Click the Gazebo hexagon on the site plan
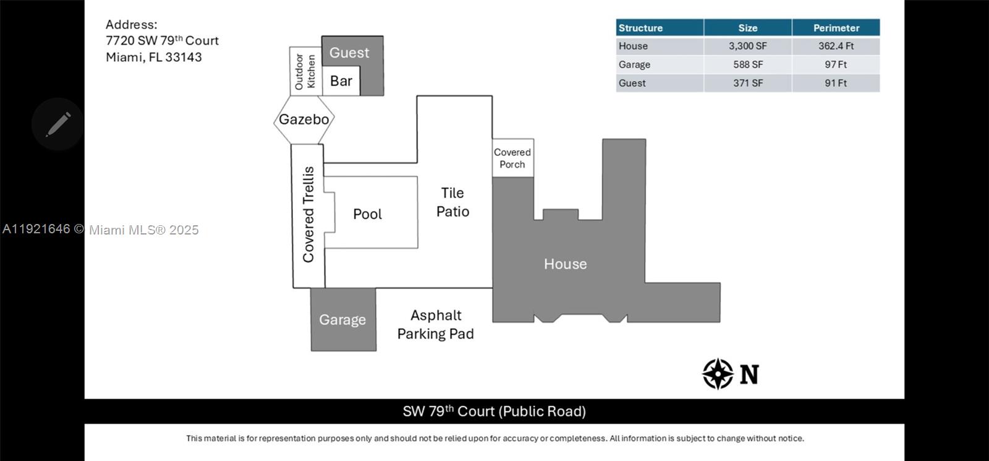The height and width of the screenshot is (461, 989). point(304,119)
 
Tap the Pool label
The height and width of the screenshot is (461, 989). point(367,214)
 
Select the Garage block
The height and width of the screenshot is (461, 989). point(343,320)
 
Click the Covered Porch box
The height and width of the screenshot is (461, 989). point(512,158)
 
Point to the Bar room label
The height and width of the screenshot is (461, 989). point(341,81)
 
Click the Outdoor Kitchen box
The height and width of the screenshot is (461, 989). point(305,71)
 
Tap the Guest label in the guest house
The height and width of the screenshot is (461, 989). point(349,53)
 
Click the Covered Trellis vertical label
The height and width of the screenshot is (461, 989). point(308,214)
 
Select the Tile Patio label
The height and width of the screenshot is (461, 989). point(452,202)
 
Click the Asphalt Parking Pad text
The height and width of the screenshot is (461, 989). point(436,324)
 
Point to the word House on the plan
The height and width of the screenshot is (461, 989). point(565,264)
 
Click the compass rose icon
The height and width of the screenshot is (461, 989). point(718,374)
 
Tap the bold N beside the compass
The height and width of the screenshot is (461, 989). point(749,374)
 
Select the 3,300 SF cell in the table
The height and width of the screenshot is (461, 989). point(747,46)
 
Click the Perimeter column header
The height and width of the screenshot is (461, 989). point(836,28)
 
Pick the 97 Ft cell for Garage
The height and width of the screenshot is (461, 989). point(836,64)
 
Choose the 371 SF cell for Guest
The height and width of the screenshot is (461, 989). point(747,83)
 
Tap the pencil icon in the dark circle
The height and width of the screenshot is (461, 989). point(58,124)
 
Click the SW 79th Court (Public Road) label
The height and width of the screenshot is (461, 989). point(494,411)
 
